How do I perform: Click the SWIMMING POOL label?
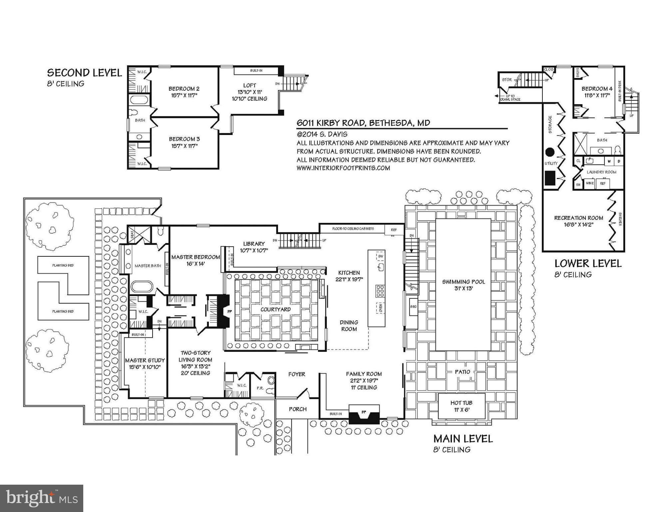pos(463,282)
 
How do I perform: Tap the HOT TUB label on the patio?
pos(461,403)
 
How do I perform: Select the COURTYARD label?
pos(275,309)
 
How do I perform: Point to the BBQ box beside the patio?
pos(413,306)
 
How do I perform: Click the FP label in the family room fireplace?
pos(364,412)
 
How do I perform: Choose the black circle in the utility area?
pos(550,152)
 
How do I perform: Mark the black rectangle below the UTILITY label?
pos(550,178)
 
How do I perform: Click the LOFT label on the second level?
pos(249,85)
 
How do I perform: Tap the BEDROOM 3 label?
pos(184,139)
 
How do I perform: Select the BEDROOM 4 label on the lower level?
pos(597,89)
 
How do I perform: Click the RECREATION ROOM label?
pos(578,218)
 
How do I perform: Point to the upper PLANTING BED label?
pos(63,266)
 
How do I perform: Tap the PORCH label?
pos(297,409)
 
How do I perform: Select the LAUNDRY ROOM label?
pos(601,172)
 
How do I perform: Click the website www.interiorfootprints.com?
pos(343,168)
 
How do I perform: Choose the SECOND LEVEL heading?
pos(84,73)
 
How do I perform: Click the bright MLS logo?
pos(42,498)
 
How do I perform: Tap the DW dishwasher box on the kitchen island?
pos(381,256)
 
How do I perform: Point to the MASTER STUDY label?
pos(145,360)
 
